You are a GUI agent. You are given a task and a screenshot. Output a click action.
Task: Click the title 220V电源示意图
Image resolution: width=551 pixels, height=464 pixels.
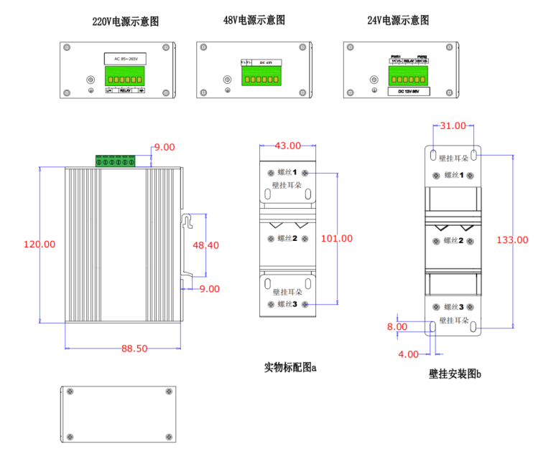point(125,22)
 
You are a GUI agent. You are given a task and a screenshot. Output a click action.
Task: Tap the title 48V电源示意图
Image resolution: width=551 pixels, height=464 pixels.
point(254,20)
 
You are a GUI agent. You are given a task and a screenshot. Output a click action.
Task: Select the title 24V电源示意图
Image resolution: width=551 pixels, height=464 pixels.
point(398,20)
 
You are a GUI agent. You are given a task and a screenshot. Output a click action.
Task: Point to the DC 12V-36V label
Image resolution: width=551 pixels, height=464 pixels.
point(408,92)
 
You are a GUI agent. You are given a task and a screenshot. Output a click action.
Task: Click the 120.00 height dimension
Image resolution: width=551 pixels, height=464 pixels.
point(40,244)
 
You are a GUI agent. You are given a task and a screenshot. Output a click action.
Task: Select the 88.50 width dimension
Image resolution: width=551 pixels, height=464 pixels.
point(134,349)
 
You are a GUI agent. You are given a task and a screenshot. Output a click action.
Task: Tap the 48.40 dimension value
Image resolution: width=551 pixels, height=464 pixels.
point(205,245)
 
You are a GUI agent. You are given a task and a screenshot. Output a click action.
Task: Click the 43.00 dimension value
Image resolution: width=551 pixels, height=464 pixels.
point(287,146)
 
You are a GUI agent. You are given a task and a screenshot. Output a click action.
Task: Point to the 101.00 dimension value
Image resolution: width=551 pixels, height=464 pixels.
point(336,238)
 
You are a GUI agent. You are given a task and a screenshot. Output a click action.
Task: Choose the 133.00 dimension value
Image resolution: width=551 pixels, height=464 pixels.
point(512,240)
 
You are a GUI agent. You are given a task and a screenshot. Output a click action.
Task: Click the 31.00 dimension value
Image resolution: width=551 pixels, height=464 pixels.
point(453,126)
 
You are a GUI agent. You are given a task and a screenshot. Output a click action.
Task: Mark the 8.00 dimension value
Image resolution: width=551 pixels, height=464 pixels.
point(397,326)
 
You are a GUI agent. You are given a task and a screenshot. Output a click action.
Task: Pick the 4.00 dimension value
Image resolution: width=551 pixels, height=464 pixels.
point(408,354)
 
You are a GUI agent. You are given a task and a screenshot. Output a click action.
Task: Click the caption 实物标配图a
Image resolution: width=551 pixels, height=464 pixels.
point(290,367)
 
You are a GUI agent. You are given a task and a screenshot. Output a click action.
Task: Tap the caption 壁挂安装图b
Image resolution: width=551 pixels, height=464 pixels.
point(455,374)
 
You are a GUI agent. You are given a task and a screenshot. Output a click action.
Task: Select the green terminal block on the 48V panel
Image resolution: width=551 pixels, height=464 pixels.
point(261,76)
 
